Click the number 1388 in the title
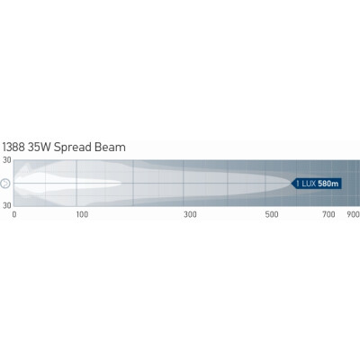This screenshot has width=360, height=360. [13, 148]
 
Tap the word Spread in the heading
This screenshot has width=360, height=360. [73, 148]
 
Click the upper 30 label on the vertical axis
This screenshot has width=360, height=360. [7, 160]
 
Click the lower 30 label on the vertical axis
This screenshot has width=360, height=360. [7, 205]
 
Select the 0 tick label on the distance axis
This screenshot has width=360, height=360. [14, 214]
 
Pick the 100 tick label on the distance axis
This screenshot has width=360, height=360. [82, 214]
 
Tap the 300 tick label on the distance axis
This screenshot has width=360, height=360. [191, 214]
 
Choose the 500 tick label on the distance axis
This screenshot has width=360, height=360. [272, 214]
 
